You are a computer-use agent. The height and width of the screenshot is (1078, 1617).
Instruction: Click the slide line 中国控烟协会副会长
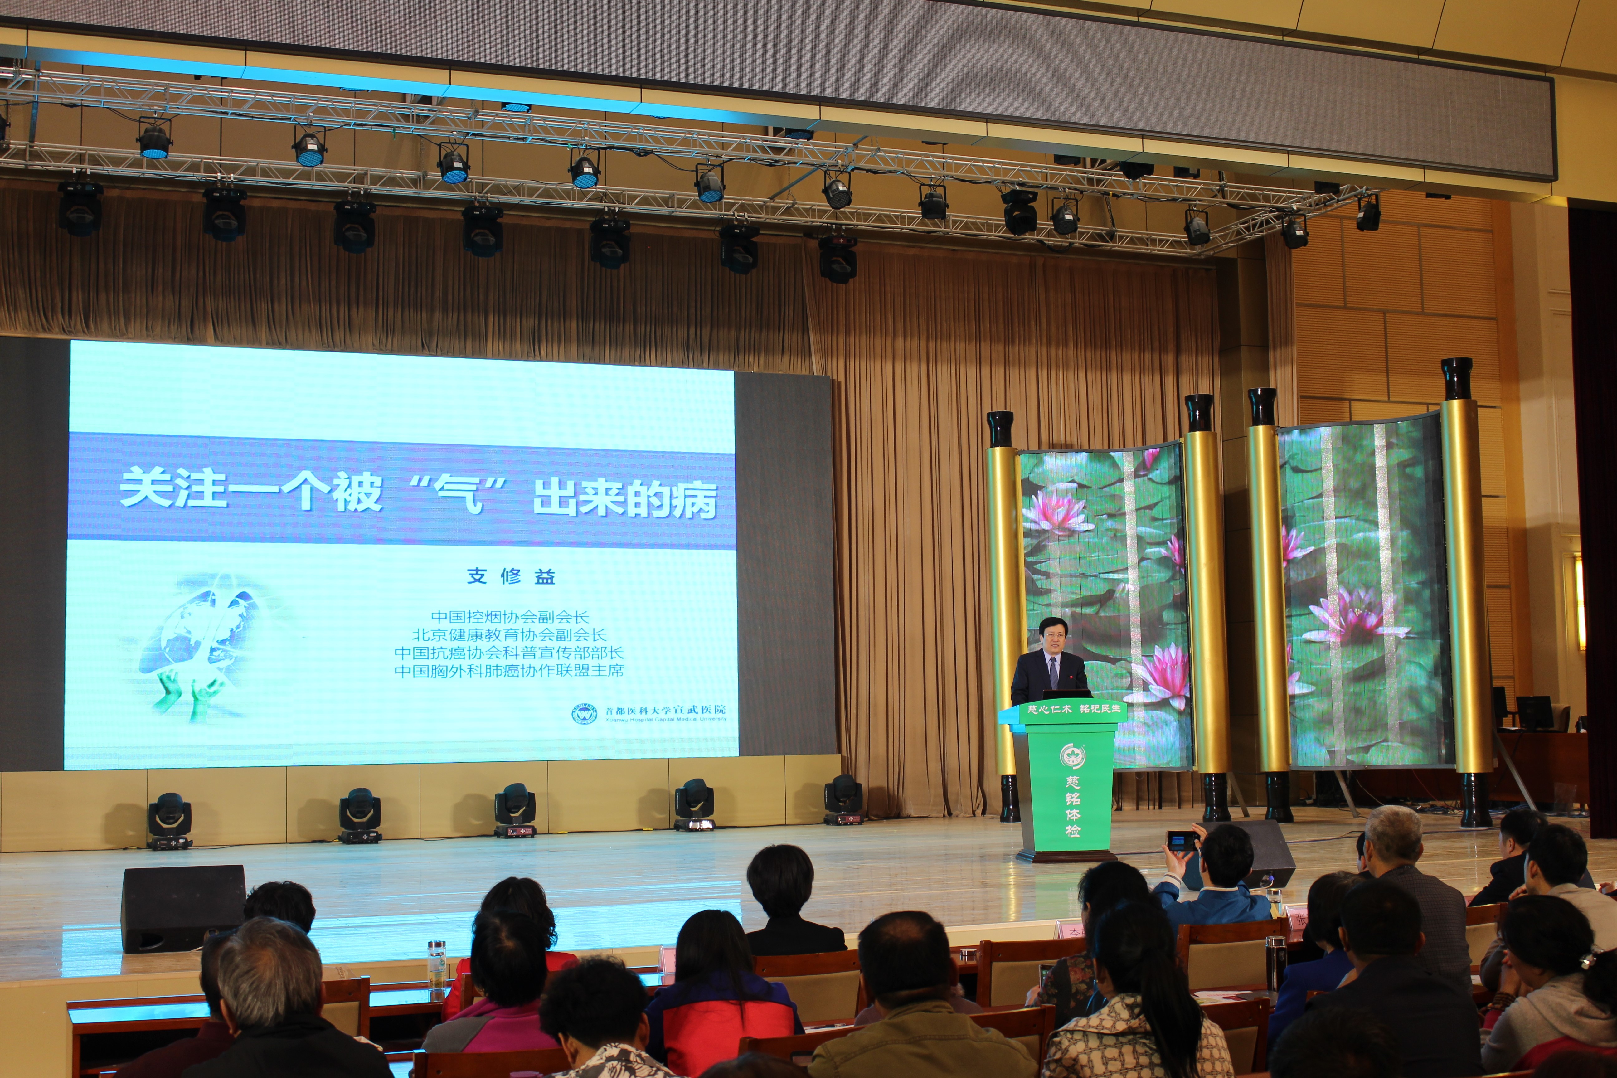pos(509,617)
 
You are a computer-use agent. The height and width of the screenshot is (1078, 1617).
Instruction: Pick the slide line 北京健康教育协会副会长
pos(509,634)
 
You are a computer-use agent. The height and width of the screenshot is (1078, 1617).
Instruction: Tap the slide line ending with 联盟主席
pos(509,670)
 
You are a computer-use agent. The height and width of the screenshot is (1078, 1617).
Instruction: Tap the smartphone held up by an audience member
pos(1181,840)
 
